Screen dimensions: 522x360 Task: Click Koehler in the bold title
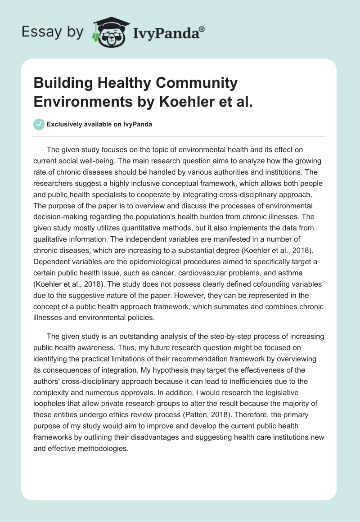tap(191, 101)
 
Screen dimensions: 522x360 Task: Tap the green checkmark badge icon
tap(39, 124)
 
